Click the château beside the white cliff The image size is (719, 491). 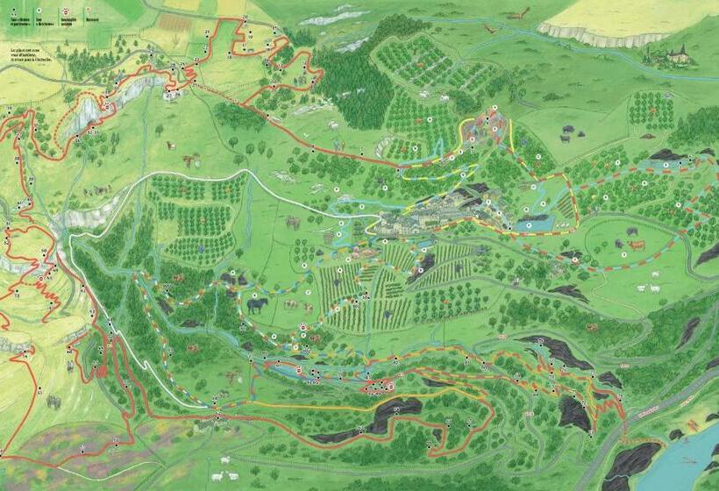pyautogui.click(x=674, y=54)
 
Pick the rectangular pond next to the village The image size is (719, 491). pyautogui.click(x=531, y=225)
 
